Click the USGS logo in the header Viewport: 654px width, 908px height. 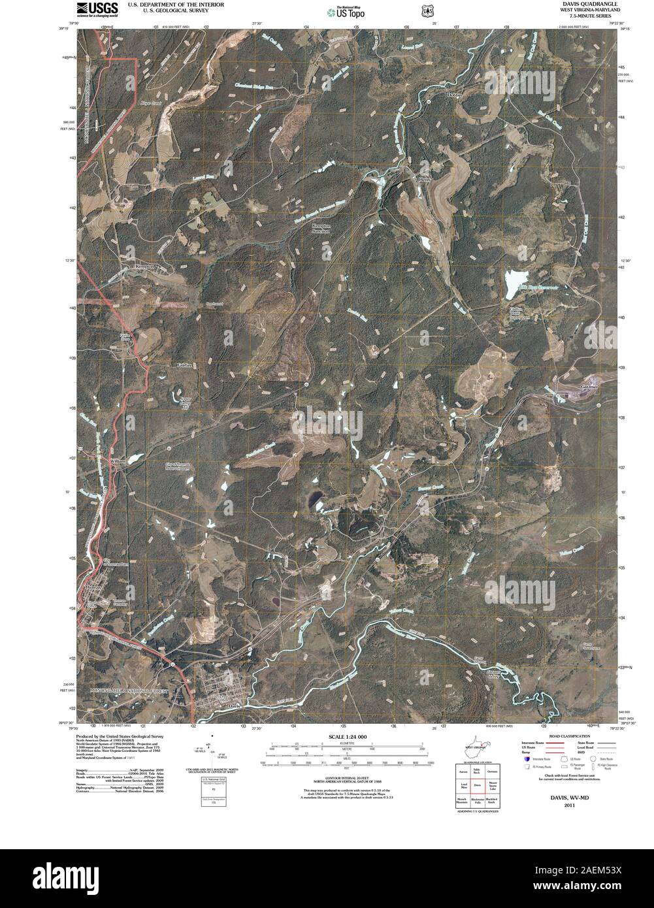(97, 8)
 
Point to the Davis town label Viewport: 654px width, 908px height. (236, 706)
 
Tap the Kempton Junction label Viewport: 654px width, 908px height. (321, 229)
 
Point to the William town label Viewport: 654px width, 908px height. (117, 461)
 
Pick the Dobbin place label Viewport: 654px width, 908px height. (455, 95)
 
